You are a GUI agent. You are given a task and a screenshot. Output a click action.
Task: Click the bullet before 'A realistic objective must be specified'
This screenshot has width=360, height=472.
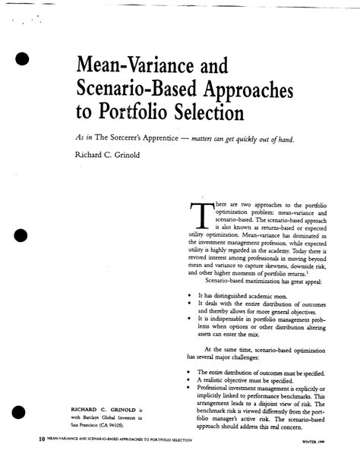coord(188,380)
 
